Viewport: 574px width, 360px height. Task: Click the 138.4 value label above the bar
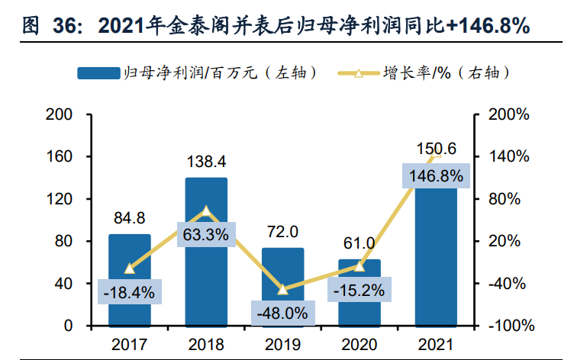pyautogui.click(x=206, y=162)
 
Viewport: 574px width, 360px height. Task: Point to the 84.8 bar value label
pyautogui.click(x=130, y=218)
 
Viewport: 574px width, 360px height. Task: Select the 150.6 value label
pyautogui.click(x=435, y=148)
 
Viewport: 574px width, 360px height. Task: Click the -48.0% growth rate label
pyautogui.click(x=282, y=312)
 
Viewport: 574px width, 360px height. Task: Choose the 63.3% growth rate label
pyautogui.click(x=206, y=234)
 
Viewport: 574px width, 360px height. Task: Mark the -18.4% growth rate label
pyautogui.click(x=130, y=291)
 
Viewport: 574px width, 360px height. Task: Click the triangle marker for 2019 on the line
pyautogui.click(x=282, y=289)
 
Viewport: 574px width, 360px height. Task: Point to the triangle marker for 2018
pyautogui.click(x=206, y=211)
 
